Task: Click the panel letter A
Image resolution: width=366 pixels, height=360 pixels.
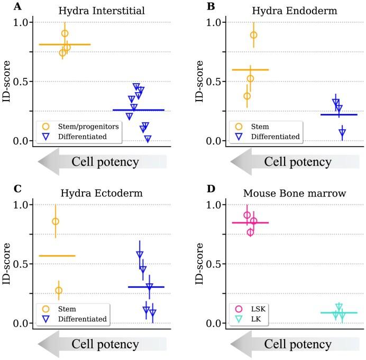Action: (x=18, y=7)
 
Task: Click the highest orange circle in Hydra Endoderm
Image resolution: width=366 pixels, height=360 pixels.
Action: (x=253, y=35)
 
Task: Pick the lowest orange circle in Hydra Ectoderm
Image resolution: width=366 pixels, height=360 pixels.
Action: (x=59, y=290)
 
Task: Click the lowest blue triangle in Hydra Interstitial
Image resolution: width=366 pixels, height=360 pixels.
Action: (x=148, y=139)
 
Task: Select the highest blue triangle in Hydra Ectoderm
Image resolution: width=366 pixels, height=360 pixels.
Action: (x=140, y=254)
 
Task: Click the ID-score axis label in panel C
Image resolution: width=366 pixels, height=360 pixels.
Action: (x=7, y=264)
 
